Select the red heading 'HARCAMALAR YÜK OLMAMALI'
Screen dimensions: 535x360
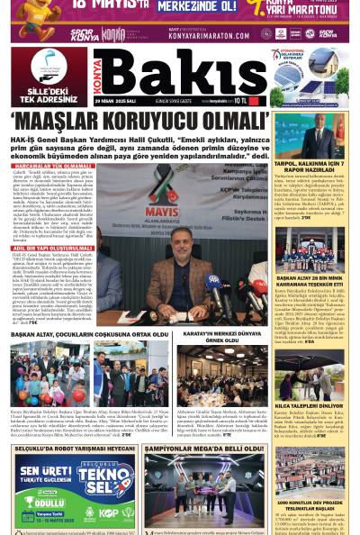(x=49, y=166)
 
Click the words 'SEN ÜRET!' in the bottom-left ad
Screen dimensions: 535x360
(x=43, y=472)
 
